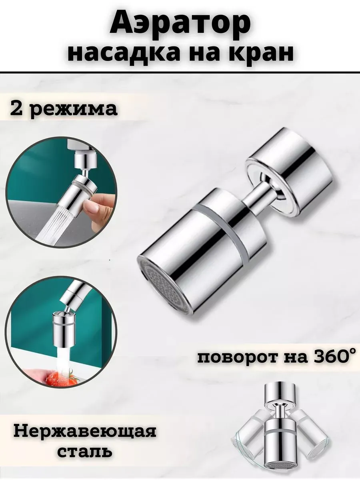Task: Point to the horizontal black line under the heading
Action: [180, 72]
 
